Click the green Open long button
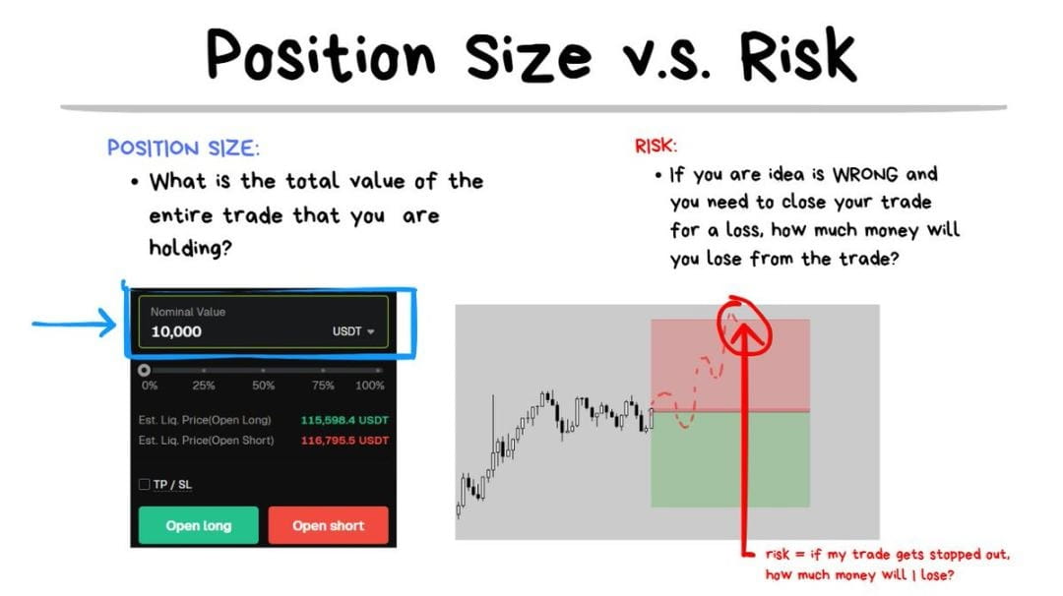(x=199, y=525)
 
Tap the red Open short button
(x=328, y=525)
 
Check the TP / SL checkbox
(x=145, y=484)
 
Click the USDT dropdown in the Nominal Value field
(x=353, y=331)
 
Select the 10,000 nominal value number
(x=176, y=331)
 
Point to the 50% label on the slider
(x=263, y=386)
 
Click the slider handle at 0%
(x=144, y=370)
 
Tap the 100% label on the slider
(x=369, y=386)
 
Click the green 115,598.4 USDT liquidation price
(x=344, y=420)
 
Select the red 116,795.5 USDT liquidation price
(x=344, y=441)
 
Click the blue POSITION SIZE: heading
(x=183, y=148)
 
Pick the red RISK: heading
(x=656, y=146)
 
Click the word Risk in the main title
(x=798, y=54)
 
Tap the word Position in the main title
(x=321, y=55)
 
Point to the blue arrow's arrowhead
(x=107, y=323)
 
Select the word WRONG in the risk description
(x=865, y=175)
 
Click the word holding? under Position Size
(x=191, y=248)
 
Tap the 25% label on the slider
(x=204, y=386)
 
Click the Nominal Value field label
(x=188, y=312)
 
